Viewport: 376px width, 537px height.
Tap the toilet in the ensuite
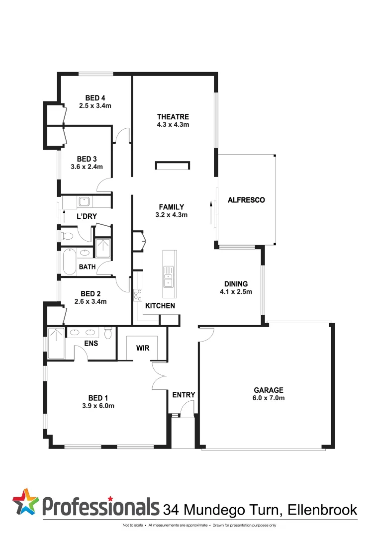coord(108,332)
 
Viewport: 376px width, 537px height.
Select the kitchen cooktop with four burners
coord(138,295)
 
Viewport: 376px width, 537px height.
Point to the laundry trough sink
coord(83,202)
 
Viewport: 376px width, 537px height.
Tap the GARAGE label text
coord(269,390)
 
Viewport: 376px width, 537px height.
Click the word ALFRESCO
coord(246,200)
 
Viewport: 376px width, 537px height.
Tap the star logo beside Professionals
coord(25,502)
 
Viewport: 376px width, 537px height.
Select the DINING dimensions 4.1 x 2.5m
coord(236,291)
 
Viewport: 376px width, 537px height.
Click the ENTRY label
coord(184,395)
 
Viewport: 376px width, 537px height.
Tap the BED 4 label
coord(95,98)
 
